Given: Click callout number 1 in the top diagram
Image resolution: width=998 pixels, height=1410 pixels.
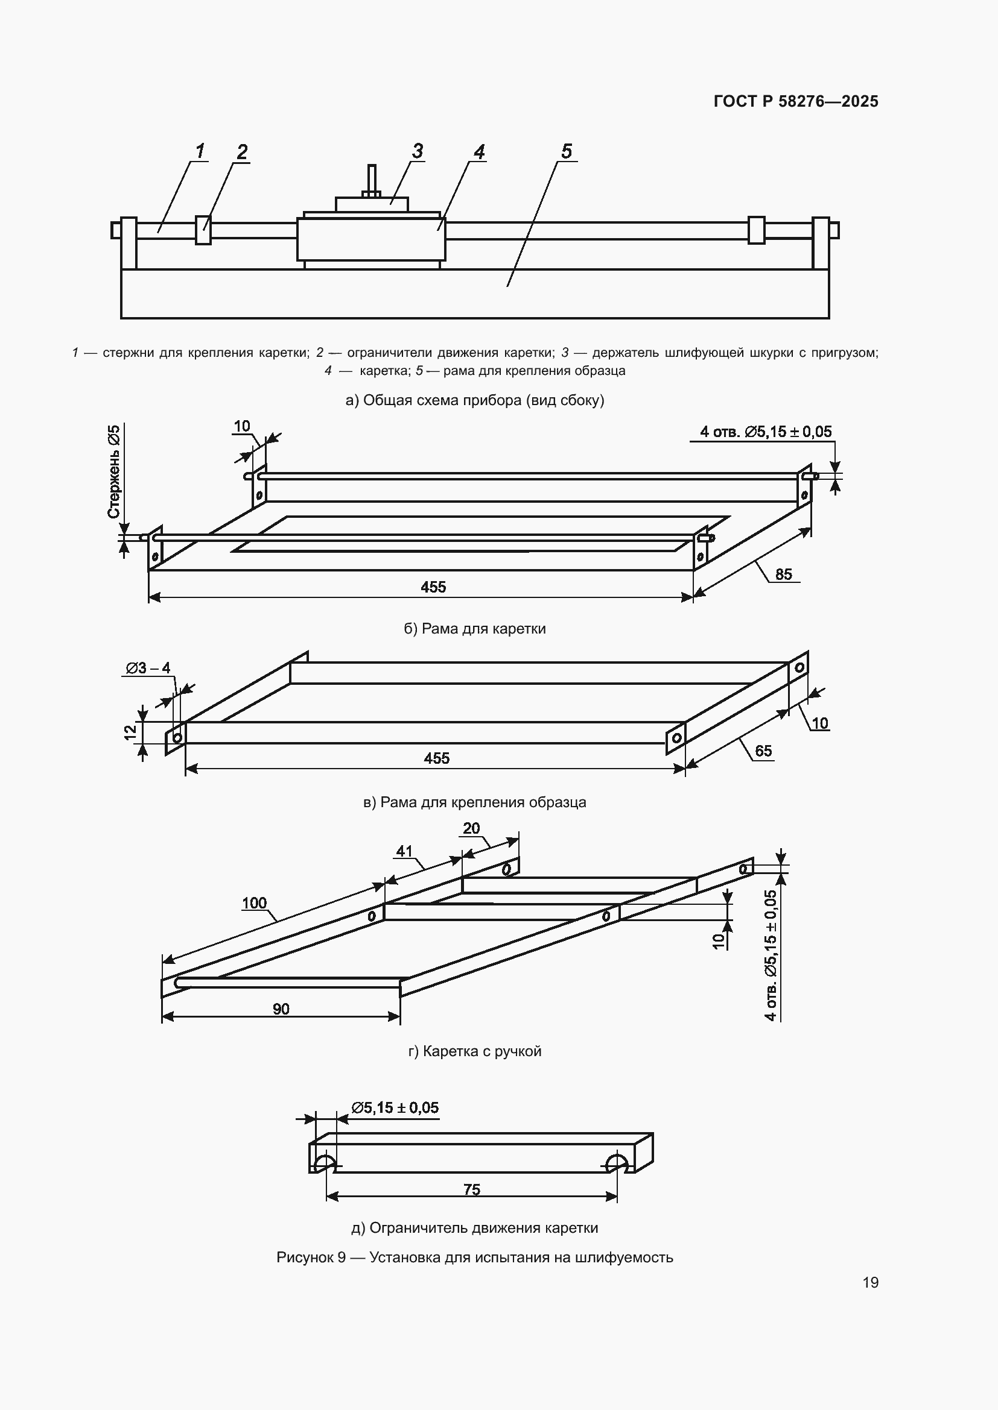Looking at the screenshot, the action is pos(200,151).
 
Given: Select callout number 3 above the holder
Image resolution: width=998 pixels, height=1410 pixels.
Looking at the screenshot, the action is pos(418,151).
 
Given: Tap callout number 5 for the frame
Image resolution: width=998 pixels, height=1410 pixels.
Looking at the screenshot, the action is pos(567,151).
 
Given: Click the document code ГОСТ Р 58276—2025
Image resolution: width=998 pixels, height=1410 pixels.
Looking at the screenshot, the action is pos(796,101).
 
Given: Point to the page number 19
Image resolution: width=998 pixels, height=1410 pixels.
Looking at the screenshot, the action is pos(870,1282).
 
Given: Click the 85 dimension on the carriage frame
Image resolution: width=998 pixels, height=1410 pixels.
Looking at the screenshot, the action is pos(784,574).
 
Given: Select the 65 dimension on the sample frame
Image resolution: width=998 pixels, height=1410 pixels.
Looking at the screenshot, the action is pos(763,751).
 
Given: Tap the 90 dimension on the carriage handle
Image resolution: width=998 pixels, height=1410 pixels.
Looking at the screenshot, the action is pos(281,1009).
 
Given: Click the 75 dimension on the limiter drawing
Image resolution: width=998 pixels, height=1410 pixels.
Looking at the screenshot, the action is pos(471,1189).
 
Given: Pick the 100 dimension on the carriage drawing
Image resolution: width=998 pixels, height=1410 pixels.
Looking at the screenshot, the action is pos(255,903).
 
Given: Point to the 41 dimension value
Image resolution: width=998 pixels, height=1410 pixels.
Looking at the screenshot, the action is pos(404,851).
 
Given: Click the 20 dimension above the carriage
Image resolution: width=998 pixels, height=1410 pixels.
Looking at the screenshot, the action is pos(471,828).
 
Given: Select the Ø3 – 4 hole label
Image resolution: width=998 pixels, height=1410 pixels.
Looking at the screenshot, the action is pos(148,668).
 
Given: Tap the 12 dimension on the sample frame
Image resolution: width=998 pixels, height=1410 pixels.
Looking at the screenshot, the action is pos(130,732).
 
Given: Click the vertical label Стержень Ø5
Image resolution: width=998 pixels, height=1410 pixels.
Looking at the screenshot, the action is pos(114,471).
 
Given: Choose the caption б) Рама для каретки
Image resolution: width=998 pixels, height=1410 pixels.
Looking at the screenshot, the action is pos(474,629).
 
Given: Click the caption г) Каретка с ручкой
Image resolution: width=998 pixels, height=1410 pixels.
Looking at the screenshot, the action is pos(474,1051).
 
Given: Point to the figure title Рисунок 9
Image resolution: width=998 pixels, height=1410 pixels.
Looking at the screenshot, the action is pos(311,1257).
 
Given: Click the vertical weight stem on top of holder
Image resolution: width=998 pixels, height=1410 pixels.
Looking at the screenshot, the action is pos(372,178).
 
